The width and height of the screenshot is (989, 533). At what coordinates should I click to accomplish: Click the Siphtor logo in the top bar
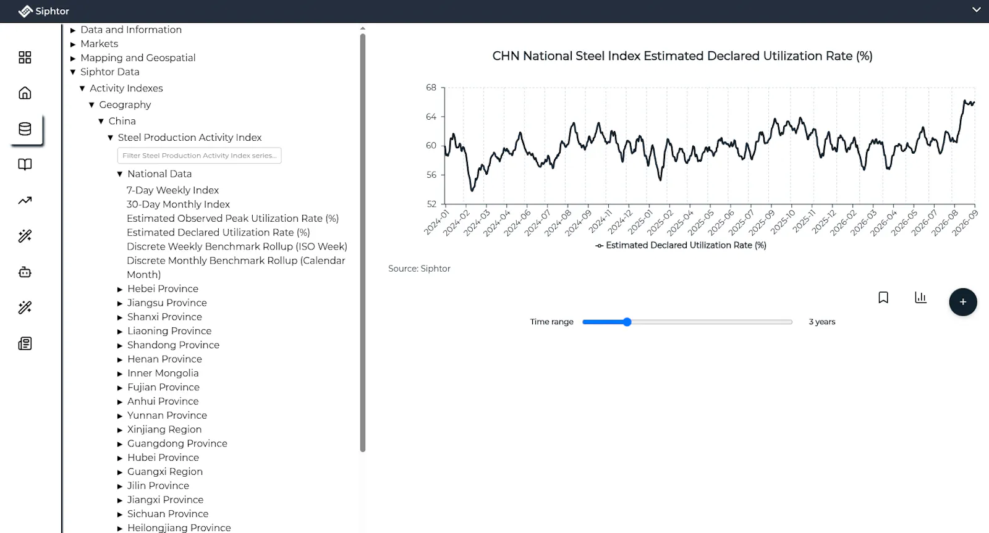43,11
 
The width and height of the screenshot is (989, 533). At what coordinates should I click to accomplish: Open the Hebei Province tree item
163,288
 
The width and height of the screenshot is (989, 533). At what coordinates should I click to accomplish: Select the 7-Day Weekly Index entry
172,190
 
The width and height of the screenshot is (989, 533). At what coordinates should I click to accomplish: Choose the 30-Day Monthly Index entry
178,204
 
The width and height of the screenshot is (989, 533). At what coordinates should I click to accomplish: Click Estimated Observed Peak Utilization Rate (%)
232,219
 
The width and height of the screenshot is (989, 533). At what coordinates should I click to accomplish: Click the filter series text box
199,155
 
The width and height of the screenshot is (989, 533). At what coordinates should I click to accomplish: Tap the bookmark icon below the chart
883,298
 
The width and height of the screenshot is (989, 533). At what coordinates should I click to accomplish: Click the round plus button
963,302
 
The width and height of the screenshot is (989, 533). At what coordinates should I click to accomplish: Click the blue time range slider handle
627,322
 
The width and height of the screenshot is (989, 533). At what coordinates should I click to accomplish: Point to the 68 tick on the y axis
431,87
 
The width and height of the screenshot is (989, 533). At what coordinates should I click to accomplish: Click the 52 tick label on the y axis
431,204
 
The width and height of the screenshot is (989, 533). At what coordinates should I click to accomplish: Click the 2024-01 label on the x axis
436,222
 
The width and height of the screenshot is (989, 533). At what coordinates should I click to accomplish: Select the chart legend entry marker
599,246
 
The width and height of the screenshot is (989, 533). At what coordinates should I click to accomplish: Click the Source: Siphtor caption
419,269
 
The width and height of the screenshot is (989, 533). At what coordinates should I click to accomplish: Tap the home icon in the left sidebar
25,93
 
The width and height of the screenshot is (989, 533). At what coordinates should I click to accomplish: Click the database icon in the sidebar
25,129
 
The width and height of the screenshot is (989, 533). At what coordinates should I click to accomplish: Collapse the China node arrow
101,121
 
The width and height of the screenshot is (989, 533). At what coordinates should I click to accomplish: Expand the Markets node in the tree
73,44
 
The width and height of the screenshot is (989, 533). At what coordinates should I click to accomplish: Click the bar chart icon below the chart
920,298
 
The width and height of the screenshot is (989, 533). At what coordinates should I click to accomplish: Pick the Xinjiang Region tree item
164,429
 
